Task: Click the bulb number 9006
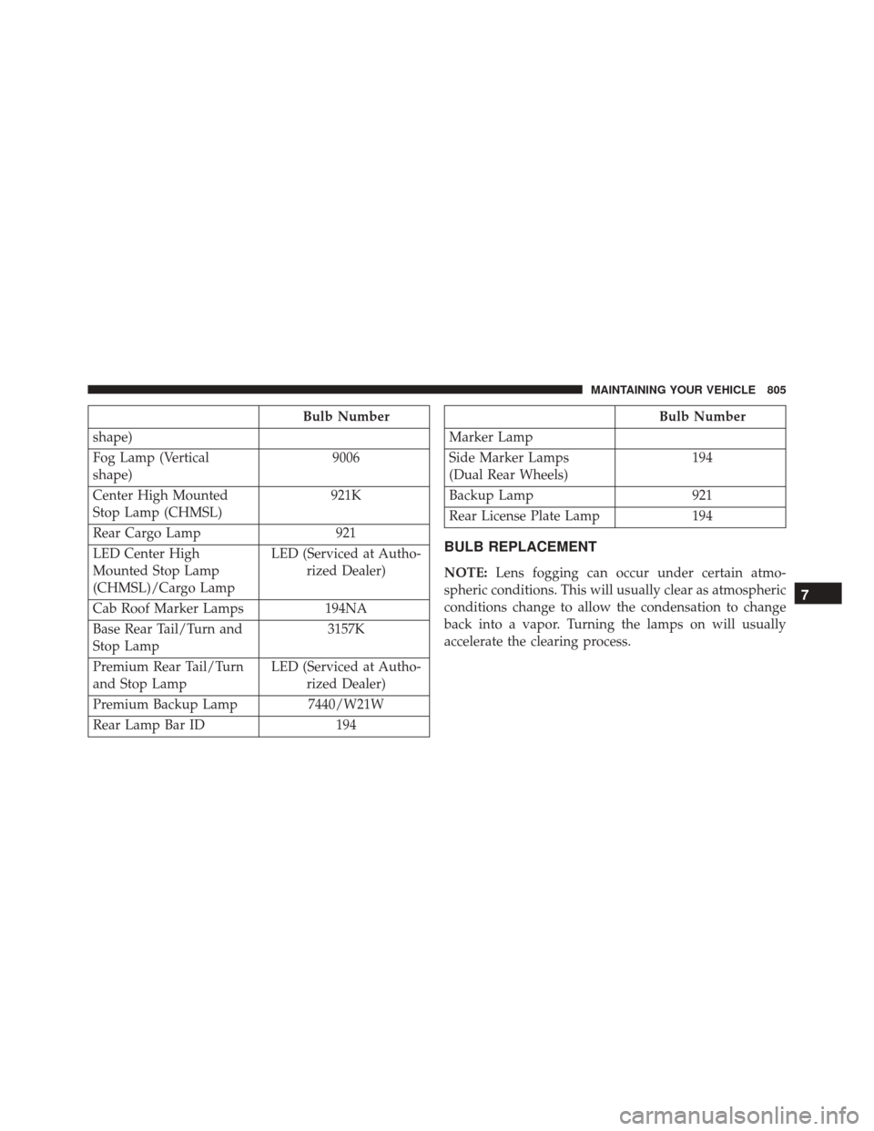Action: click(346, 458)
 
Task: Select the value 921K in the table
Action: click(346, 495)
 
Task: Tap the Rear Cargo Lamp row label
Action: click(147, 534)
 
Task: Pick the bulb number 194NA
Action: click(346, 609)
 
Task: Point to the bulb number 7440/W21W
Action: click(346, 705)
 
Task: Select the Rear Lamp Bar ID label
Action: click(148, 726)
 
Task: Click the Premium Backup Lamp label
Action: click(165, 705)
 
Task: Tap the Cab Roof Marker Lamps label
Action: click(168, 609)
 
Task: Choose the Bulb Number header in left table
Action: click(347, 417)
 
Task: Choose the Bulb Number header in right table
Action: click(702, 417)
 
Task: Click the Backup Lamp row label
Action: click(491, 496)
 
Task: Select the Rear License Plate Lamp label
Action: click(524, 517)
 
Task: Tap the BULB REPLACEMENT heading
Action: click(520, 547)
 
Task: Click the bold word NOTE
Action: click(465, 574)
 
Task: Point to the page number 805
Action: click(776, 390)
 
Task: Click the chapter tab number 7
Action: click(818, 594)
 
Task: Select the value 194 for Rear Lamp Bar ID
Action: click(346, 726)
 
